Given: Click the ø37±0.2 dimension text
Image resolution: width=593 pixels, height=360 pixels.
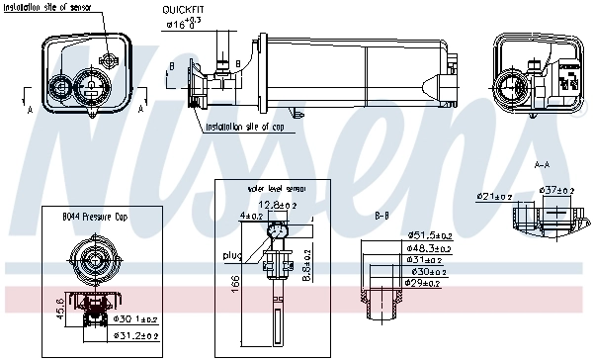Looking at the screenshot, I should click(x=555, y=190).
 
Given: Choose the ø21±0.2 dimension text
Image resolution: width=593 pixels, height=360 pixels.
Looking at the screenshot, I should click(x=494, y=197).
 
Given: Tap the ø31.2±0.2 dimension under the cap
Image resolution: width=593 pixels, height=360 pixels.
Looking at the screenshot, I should click(x=136, y=336).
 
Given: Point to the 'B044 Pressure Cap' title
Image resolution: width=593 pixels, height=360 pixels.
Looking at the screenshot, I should click(x=95, y=215).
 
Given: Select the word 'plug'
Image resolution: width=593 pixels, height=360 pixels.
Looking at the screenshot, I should click(x=232, y=255).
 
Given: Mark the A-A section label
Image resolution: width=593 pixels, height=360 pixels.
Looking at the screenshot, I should click(x=542, y=164).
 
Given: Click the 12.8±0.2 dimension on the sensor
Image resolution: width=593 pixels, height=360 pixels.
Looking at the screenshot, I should click(x=285, y=204).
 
